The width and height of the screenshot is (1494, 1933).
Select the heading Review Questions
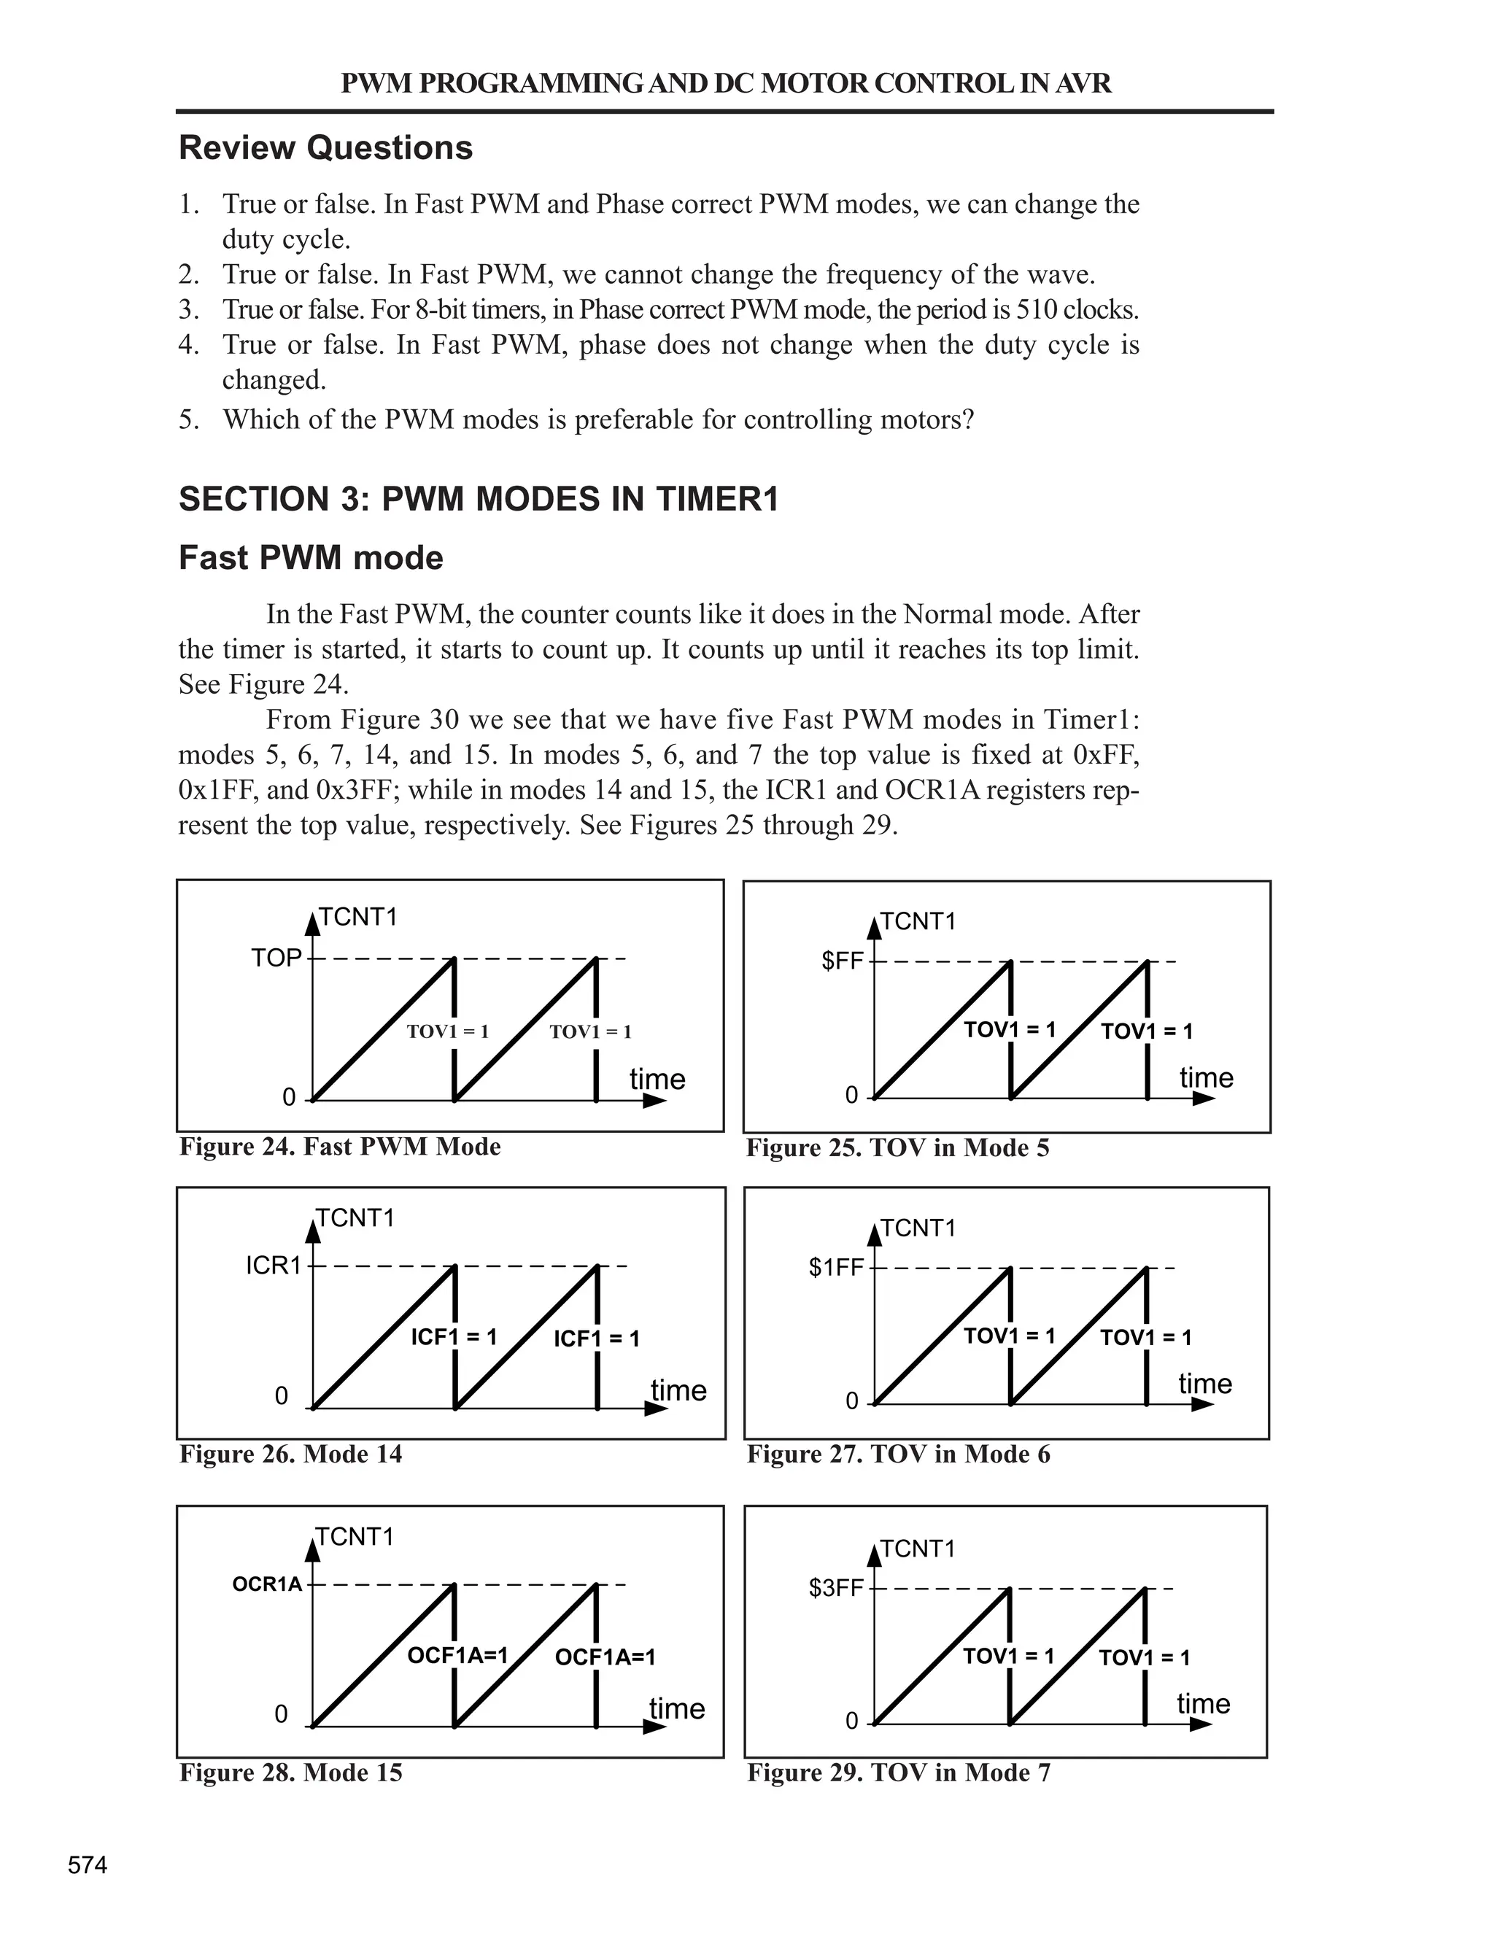coord(325,148)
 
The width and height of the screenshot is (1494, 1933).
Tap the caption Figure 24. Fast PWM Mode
coord(340,1147)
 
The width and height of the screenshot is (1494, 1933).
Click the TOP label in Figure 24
coord(276,958)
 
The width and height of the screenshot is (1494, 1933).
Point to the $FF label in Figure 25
coord(842,961)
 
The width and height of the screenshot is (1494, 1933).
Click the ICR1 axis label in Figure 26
coord(274,1266)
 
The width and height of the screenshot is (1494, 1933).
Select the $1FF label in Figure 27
coord(835,1268)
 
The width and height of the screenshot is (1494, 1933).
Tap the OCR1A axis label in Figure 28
coord(267,1584)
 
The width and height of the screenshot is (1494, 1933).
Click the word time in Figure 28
coord(677,1709)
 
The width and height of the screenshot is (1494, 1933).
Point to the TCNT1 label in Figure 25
coord(918,922)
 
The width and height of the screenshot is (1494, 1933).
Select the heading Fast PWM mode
coord(311,559)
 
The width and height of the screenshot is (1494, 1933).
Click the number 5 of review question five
coord(187,419)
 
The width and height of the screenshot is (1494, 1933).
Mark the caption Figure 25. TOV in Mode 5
coord(897,1148)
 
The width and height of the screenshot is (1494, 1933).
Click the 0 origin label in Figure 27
coord(851,1401)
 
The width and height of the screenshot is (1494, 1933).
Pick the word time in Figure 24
coord(657,1080)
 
